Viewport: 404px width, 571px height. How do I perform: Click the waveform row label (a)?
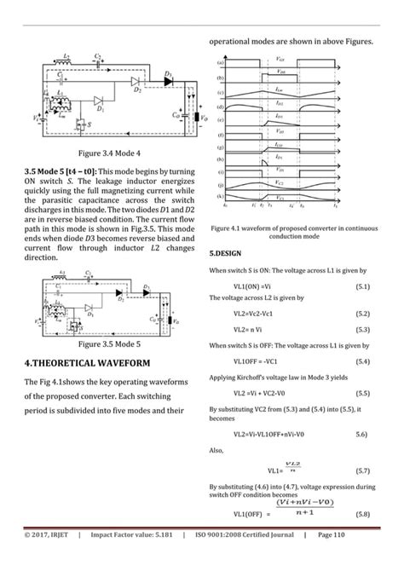(221, 63)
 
